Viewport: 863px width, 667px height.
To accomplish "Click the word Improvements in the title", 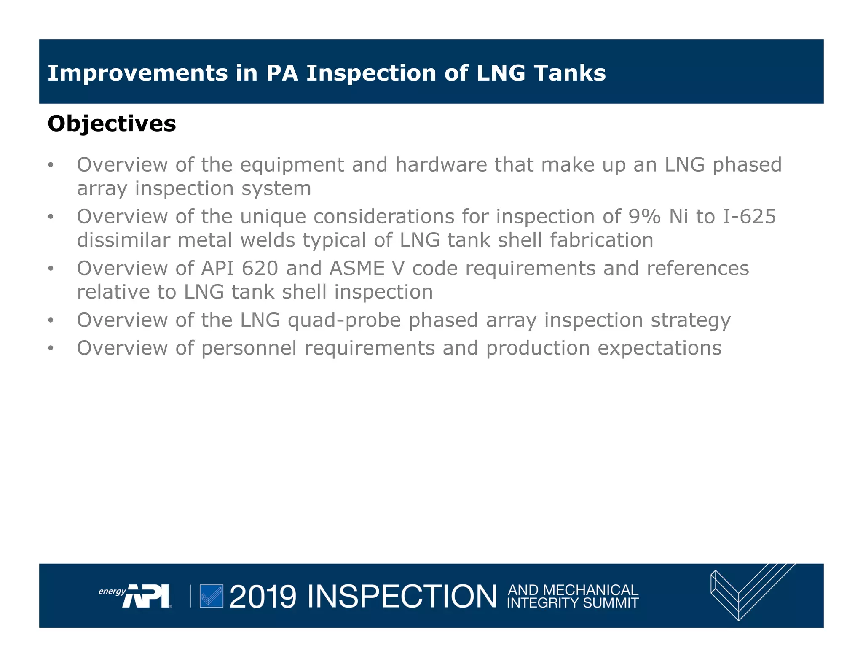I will [x=137, y=73].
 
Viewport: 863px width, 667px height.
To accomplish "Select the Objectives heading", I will [x=112, y=124].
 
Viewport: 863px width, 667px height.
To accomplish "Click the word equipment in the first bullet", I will [x=292, y=165].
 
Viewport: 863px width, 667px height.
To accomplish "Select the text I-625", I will [x=749, y=217].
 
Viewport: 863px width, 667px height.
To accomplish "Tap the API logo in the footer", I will [x=145, y=596].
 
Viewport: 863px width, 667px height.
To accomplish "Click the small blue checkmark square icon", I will [x=211, y=596].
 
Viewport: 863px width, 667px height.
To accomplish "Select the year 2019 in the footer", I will [x=263, y=597].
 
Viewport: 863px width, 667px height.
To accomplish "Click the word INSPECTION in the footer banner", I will [x=402, y=597].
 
